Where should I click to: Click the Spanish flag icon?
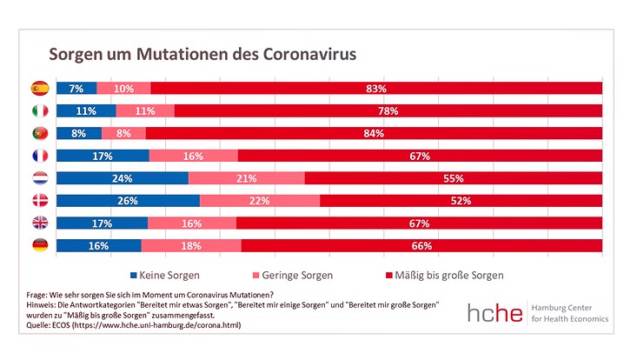39,88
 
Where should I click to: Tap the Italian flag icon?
39,110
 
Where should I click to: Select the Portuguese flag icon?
39,133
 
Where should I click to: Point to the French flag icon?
39,156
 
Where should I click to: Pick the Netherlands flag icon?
39,178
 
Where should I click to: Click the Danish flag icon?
39,201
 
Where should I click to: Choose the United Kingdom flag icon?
39,223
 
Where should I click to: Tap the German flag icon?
39,246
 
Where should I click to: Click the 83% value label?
376,89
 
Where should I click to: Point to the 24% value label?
123,178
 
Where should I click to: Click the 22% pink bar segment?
260,201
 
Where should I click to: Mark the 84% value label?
375,134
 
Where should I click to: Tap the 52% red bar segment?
461,201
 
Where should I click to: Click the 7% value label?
76,89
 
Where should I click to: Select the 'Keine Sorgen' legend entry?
165,276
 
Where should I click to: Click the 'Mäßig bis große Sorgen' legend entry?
444,276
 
